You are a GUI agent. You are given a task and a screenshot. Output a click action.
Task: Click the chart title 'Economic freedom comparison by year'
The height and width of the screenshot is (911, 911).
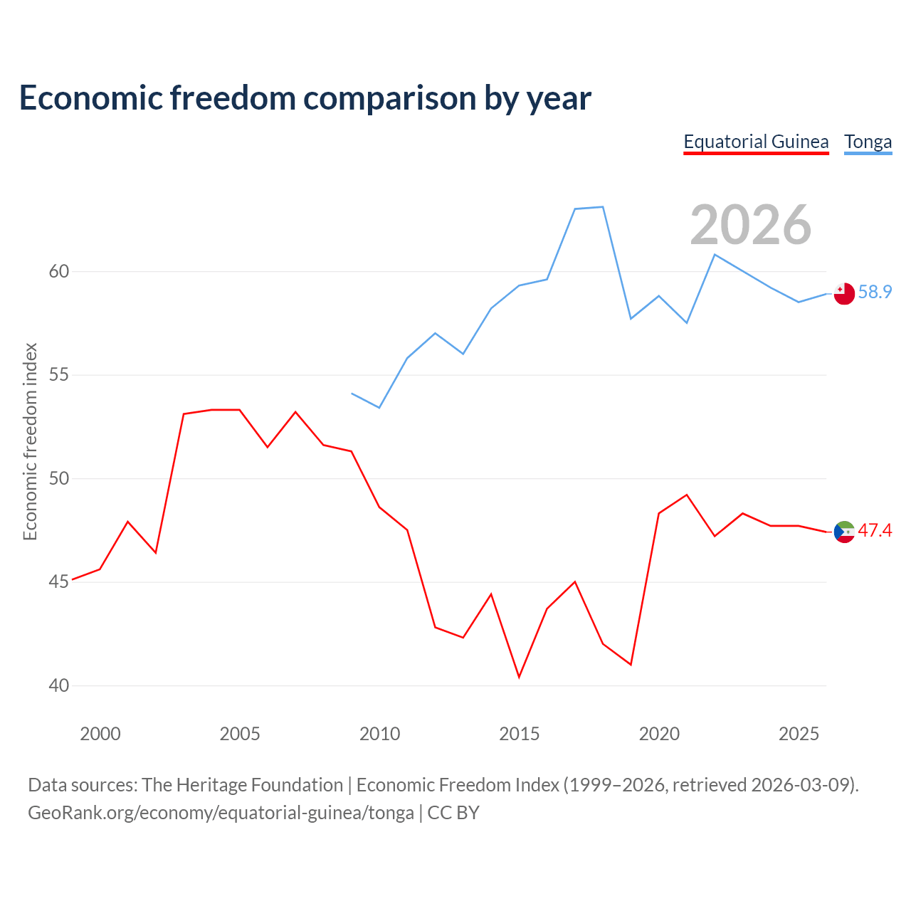305,98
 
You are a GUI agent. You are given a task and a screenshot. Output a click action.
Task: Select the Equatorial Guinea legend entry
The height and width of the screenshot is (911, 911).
756,142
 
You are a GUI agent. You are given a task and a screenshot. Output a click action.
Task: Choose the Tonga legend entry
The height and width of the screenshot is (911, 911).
868,142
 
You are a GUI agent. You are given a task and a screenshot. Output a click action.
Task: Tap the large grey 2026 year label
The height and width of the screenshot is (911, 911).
750,225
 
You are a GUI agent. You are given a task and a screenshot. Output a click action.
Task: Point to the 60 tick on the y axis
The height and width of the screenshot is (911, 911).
59,271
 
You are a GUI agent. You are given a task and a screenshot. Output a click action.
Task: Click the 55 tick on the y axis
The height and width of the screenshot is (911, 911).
59,375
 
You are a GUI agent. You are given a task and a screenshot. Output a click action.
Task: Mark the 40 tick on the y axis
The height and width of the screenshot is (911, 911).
59,685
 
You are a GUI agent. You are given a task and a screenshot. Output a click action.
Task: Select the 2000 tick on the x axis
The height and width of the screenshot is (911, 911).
100,734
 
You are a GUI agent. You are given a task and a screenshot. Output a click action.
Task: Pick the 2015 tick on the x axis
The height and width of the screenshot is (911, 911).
520,734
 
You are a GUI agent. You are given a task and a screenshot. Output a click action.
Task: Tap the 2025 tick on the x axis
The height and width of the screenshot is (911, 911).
799,734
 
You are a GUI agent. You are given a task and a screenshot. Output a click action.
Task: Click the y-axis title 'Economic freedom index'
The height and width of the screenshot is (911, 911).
30,441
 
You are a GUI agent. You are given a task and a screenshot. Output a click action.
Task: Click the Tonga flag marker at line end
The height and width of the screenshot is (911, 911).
844,293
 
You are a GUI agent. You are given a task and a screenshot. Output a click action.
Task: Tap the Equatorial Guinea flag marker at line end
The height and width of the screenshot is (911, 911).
844,532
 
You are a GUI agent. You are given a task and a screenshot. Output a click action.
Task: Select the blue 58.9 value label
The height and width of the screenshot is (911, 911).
875,292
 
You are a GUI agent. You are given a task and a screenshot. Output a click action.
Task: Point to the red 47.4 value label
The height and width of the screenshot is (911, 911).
875,530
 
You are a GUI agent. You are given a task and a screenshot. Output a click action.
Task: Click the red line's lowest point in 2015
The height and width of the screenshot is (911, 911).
519,677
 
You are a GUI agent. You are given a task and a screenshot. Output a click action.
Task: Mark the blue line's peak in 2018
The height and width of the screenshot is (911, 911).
603,207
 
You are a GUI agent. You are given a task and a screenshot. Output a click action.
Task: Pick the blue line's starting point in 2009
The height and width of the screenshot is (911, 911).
352,393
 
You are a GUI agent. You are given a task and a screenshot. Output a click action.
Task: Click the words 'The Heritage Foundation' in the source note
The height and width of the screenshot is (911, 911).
242,784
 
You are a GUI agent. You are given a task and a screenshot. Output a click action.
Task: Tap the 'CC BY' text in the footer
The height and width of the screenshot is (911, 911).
453,812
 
